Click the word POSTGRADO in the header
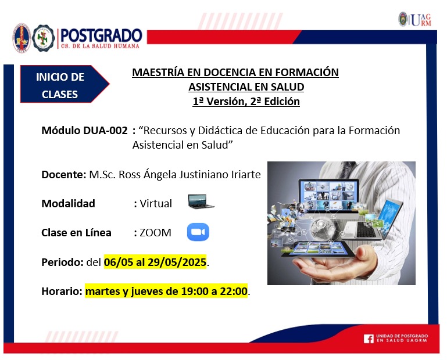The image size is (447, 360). [101, 35]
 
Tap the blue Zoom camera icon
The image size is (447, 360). [198, 232]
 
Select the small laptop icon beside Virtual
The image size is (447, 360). [201, 201]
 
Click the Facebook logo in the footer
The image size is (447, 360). [369, 339]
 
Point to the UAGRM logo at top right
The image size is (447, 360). [415, 20]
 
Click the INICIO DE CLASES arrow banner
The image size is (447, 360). [65, 84]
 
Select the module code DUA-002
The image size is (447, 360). [105, 131]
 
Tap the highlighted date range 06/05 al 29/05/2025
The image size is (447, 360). [155, 262]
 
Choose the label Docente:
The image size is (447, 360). [64, 174]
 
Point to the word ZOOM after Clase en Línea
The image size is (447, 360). [155, 233]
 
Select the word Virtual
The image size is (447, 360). [156, 204]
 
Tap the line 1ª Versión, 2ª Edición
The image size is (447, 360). [246, 102]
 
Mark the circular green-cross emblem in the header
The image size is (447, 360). [44, 38]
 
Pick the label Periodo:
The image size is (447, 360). [62, 262]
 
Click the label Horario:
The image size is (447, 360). [62, 291]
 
